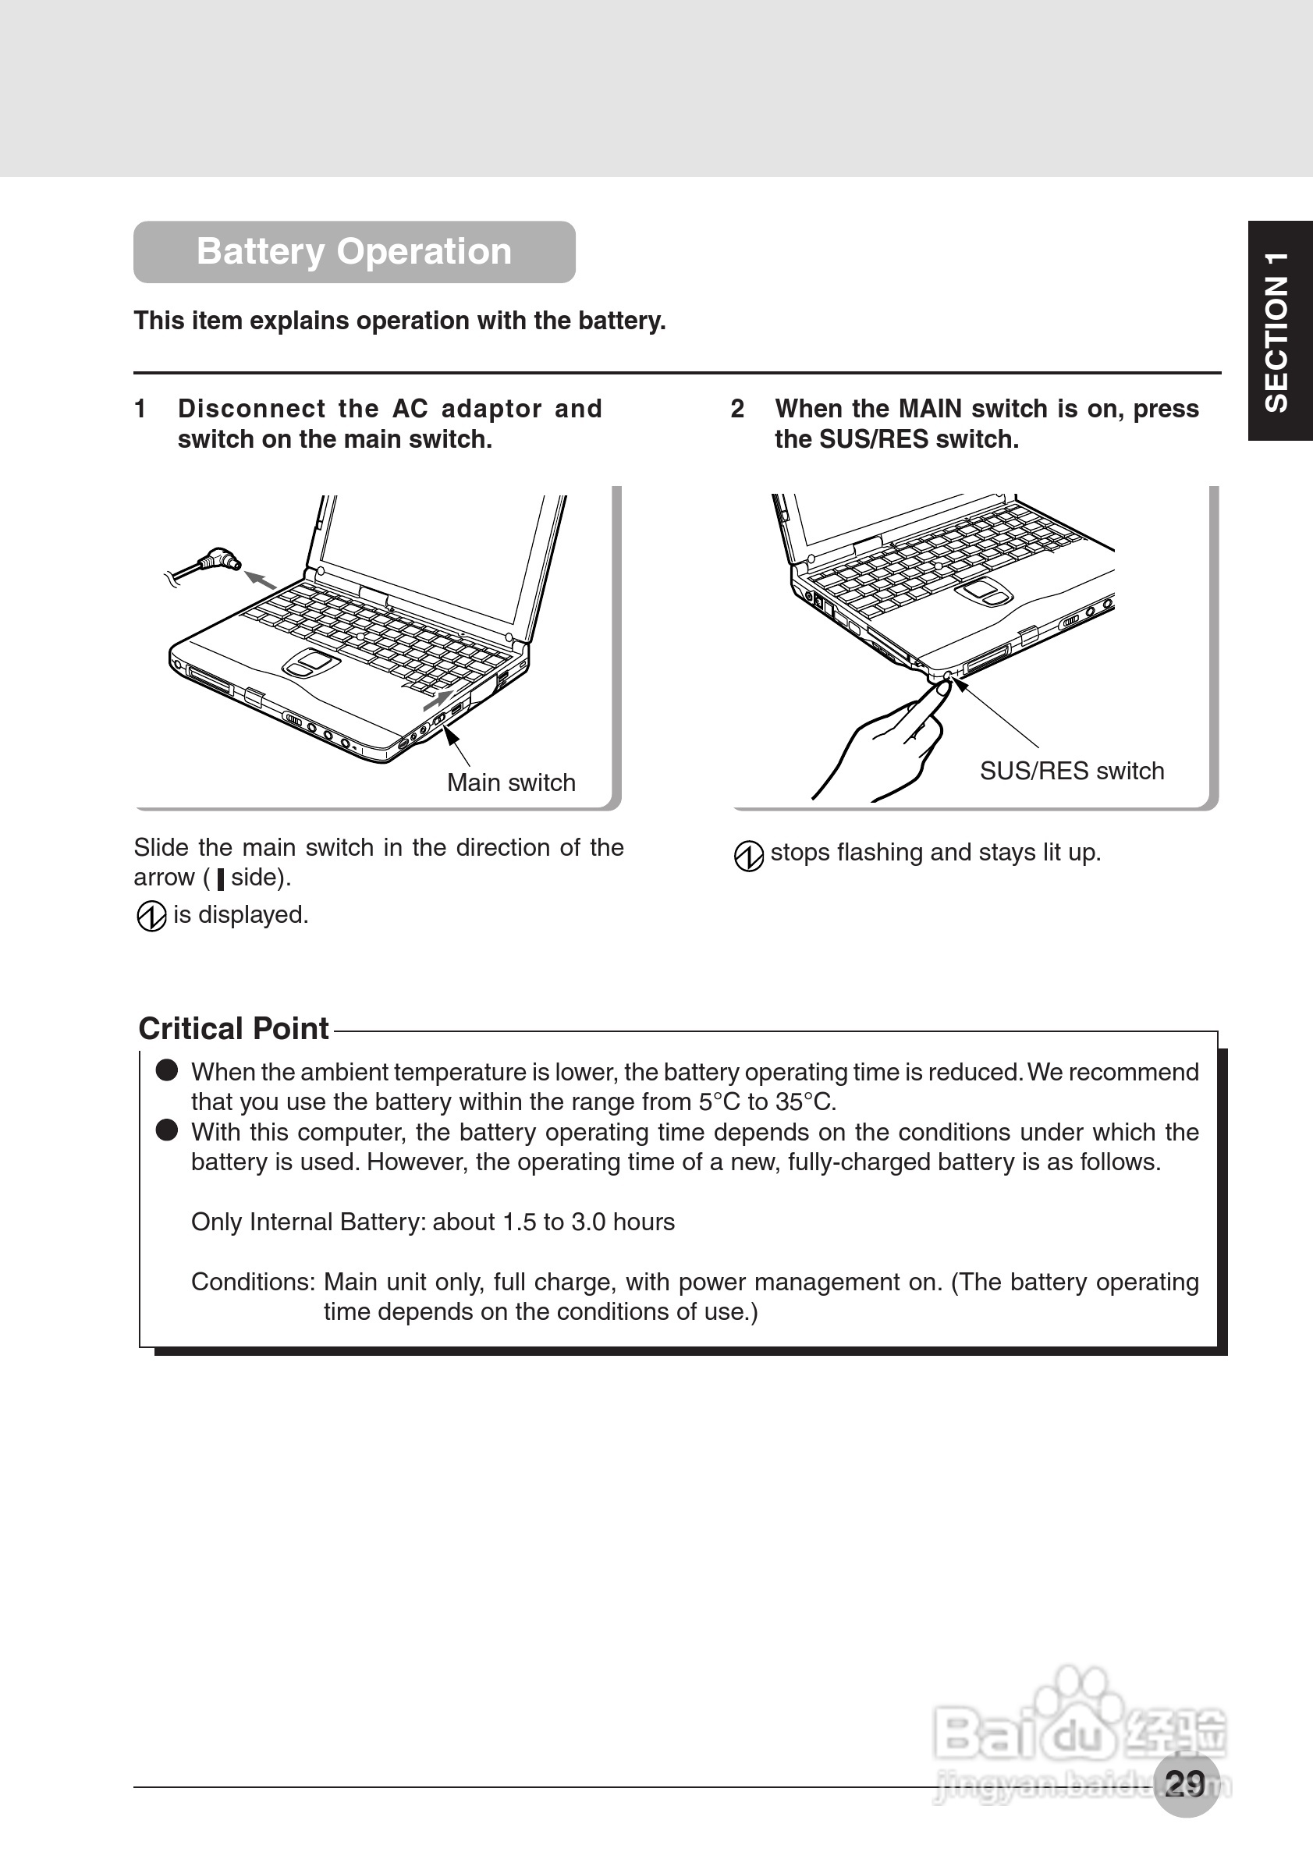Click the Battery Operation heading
pyautogui.click(x=353, y=252)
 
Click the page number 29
pyautogui.click(x=1185, y=1782)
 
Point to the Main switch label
pyautogui.click(x=511, y=782)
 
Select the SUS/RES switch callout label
pyautogui.click(x=1071, y=771)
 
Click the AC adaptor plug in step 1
pyautogui.click(x=218, y=559)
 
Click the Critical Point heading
pyautogui.click(x=233, y=1028)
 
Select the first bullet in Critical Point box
pyautogui.click(x=167, y=1070)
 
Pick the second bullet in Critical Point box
pyautogui.click(x=167, y=1130)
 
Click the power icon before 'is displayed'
pyautogui.click(x=151, y=917)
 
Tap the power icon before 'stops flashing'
pyautogui.click(x=748, y=855)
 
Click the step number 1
pyautogui.click(x=140, y=409)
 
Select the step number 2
pyautogui.click(x=736, y=409)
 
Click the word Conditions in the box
pyautogui.click(x=252, y=1282)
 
